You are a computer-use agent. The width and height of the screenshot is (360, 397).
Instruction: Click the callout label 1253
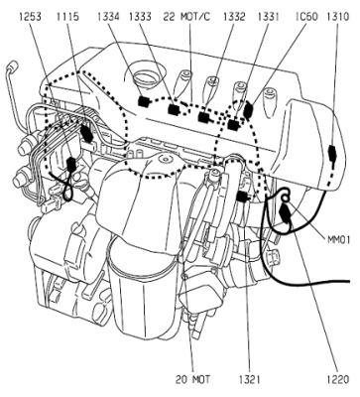click(x=30, y=16)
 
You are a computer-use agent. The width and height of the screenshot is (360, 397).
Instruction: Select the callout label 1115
click(x=67, y=16)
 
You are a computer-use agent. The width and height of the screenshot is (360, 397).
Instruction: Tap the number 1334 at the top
click(x=108, y=16)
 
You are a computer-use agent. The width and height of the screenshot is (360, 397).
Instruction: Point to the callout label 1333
click(x=140, y=16)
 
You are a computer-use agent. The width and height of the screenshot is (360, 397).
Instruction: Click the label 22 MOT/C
click(x=186, y=16)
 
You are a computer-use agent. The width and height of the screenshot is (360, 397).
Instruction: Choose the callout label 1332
click(x=234, y=16)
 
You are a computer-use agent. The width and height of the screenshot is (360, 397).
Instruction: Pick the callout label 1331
click(x=269, y=16)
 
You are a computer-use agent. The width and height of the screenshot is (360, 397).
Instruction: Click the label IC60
click(x=306, y=16)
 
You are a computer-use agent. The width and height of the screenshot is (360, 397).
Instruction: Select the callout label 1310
click(x=338, y=16)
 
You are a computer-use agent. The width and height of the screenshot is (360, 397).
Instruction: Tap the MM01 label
click(x=339, y=239)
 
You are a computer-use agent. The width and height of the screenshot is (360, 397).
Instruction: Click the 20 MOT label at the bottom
click(x=192, y=379)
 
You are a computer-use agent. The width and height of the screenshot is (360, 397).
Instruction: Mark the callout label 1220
click(x=338, y=379)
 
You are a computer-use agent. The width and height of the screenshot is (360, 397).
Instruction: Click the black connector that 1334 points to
click(x=144, y=101)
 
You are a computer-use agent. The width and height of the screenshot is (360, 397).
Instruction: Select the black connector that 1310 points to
click(x=332, y=153)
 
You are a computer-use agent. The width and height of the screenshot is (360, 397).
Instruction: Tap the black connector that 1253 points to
click(x=71, y=164)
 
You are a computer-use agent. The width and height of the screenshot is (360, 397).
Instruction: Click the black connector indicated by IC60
click(x=248, y=110)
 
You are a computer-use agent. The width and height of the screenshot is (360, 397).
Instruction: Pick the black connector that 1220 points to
click(x=286, y=213)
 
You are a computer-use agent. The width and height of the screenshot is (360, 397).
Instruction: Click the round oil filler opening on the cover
click(x=145, y=77)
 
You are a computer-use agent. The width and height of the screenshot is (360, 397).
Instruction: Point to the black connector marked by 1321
click(x=242, y=197)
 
